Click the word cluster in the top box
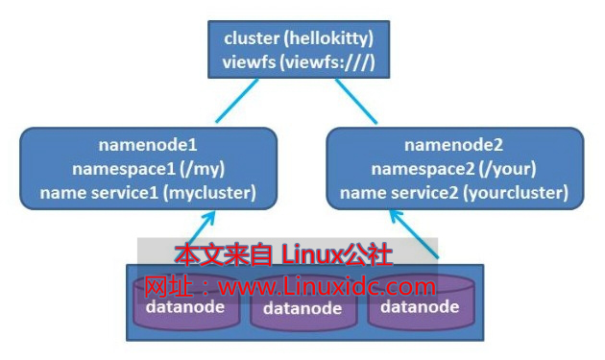click(x=251, y=38)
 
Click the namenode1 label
click(x=148, y=146)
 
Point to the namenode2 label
click(x=454, y=146)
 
